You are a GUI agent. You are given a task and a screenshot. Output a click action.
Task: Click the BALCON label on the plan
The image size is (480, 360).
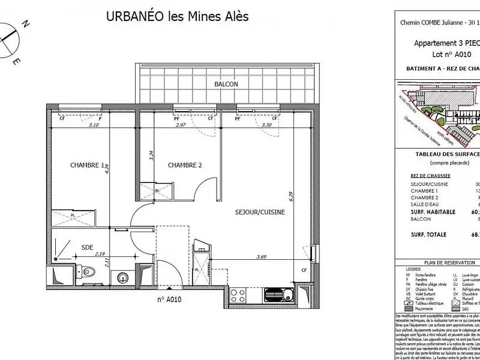(226, 85)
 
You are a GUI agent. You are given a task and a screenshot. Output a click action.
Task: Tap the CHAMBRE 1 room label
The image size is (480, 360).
(88, 166)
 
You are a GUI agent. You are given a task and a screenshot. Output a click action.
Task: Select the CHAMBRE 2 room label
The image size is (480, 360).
(185, 166)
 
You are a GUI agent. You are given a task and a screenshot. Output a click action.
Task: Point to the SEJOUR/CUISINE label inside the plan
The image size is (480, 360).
(259, 212)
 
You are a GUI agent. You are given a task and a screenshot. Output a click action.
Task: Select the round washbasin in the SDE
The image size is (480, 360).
(124, 277)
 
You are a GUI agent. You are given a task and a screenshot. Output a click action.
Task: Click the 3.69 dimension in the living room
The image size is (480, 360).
(262, 257)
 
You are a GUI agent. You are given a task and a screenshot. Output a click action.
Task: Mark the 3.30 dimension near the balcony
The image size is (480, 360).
(267, 125)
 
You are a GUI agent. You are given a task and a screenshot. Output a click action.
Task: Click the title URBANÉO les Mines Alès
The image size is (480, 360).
(177, 16)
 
